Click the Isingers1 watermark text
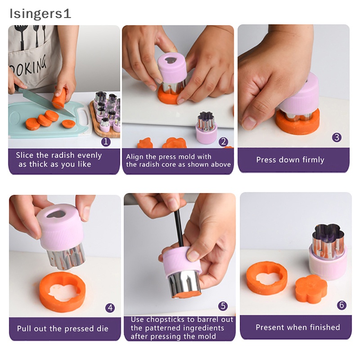pyautogui.click(x=40, y=14)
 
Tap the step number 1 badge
pyautogui.click(x=106, y=141)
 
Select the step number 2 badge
pyautogui.click(x=223, y=142)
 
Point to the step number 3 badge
pyautogui.click(x=337, y=137)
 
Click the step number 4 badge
pyautogui.click(x=110, y=308)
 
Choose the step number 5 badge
pyautogui.click(x=223, y=306)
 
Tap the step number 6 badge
pyautogui.click(x=342, y=305)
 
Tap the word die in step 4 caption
pyautogui.click(x=103, y=328)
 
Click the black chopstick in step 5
pyautogui.click(x=178, y=229)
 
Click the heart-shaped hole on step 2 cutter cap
pyautogui.click(x=170, y=60)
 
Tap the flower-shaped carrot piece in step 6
pyautogui.click(x=310, y=289)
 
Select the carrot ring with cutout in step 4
pyautogui.click(x=63, y=292)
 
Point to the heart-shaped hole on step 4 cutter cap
pyautogui.click(x=56, y=214)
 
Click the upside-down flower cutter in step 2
pyautogui.click(x=207, y=128)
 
